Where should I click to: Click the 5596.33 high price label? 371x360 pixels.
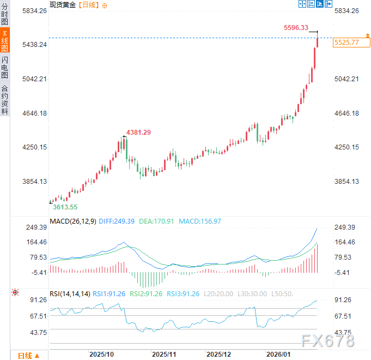pos(296,28)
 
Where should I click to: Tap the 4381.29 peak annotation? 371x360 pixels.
pos(138,132)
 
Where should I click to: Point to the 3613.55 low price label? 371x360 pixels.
pos(65,207)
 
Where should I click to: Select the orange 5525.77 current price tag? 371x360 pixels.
pos(346,42)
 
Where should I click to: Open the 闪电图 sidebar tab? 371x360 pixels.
pos(5,67)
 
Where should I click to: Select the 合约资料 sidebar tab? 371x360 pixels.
pos(5,99)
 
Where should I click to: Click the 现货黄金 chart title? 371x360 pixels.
pos(62,5)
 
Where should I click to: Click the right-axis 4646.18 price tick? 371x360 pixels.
pos(346,113)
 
